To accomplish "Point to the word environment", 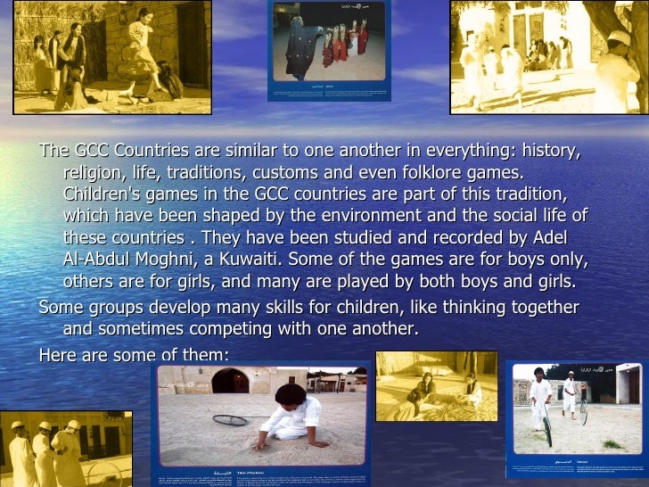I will tap(399, 216).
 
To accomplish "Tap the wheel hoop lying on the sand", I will tap(230, 418).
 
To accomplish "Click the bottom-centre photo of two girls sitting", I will tap(436, 385).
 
